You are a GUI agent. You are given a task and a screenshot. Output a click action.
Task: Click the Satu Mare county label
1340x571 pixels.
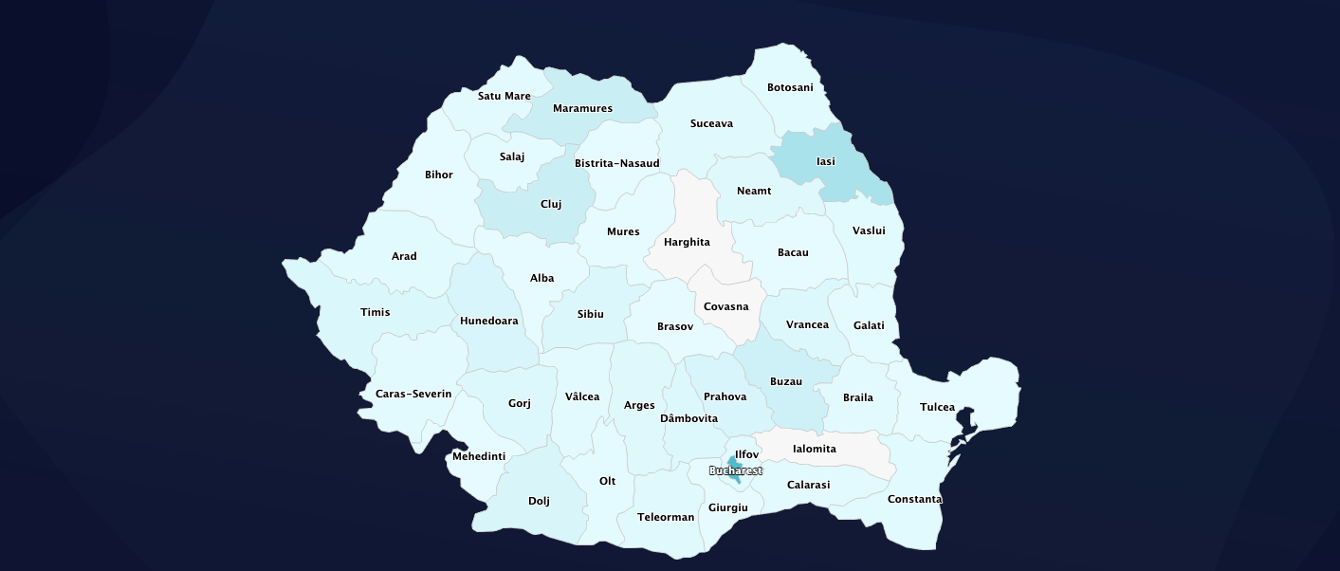pos(504,96)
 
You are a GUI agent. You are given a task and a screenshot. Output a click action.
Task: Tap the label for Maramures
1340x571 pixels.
pos(582,108)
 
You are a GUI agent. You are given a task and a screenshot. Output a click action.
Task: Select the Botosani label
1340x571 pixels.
pos(790,87)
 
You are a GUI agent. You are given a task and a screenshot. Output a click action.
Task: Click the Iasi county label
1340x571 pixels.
pos(825,161)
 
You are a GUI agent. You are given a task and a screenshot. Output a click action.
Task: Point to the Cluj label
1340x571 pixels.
pos(551,204)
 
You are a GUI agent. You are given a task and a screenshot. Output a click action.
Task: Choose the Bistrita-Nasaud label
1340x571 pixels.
pos(616,163)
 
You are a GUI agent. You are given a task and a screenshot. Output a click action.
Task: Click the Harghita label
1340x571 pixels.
pos(687,242)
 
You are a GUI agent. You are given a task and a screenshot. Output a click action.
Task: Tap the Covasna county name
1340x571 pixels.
pos(725,306)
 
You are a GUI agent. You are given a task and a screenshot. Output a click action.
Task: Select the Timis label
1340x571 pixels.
pos(375,312)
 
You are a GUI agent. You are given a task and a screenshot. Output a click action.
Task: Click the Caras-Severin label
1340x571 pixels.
pos(413,394)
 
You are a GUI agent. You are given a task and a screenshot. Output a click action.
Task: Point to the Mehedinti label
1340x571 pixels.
pos(478,456)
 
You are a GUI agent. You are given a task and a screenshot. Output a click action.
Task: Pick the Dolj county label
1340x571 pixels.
pos(539,501)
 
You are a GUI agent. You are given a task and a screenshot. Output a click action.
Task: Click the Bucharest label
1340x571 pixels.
pos(735,470)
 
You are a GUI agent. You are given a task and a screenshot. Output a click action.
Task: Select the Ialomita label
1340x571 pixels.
pos(814,449)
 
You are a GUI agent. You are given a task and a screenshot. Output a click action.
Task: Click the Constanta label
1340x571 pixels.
pos(914,499)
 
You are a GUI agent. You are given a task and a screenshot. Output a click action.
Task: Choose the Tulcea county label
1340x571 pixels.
pos(937,407)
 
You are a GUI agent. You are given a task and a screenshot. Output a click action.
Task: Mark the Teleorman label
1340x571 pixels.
pos(666,517)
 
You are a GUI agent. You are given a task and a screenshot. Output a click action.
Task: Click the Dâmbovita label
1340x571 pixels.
pos(688,418)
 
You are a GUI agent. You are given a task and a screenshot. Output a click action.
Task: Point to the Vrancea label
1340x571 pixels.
pos(807,324)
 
